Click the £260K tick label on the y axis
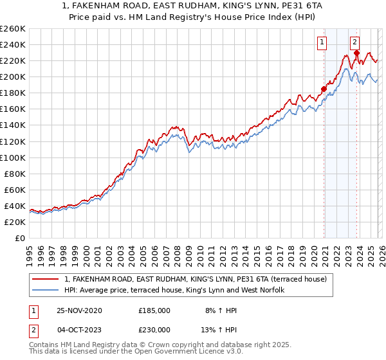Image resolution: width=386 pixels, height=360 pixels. tap(12, 29)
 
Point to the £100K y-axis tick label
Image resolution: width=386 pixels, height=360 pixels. tap(12, 157)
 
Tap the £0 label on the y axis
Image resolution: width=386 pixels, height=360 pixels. tap(19, 238)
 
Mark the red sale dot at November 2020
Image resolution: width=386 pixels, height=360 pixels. tap(324, 89)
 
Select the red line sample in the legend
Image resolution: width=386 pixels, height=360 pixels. tap(46, 279)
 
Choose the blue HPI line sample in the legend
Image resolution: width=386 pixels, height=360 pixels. tap(46, 291)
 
